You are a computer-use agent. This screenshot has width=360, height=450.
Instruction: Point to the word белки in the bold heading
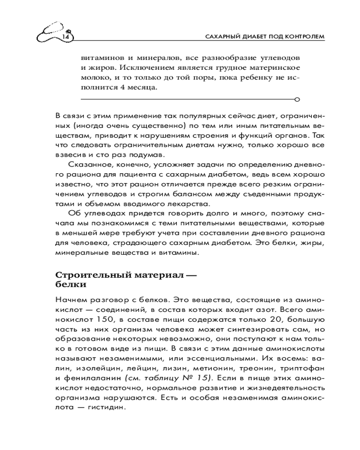tap(70, 284)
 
